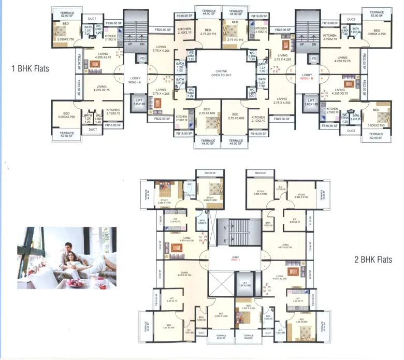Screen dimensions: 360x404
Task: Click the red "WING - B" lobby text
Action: tap(308, 79)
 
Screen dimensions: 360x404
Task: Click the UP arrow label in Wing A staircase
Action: tap(129, 44)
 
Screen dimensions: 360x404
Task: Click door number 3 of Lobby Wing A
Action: tap(150, 69)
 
